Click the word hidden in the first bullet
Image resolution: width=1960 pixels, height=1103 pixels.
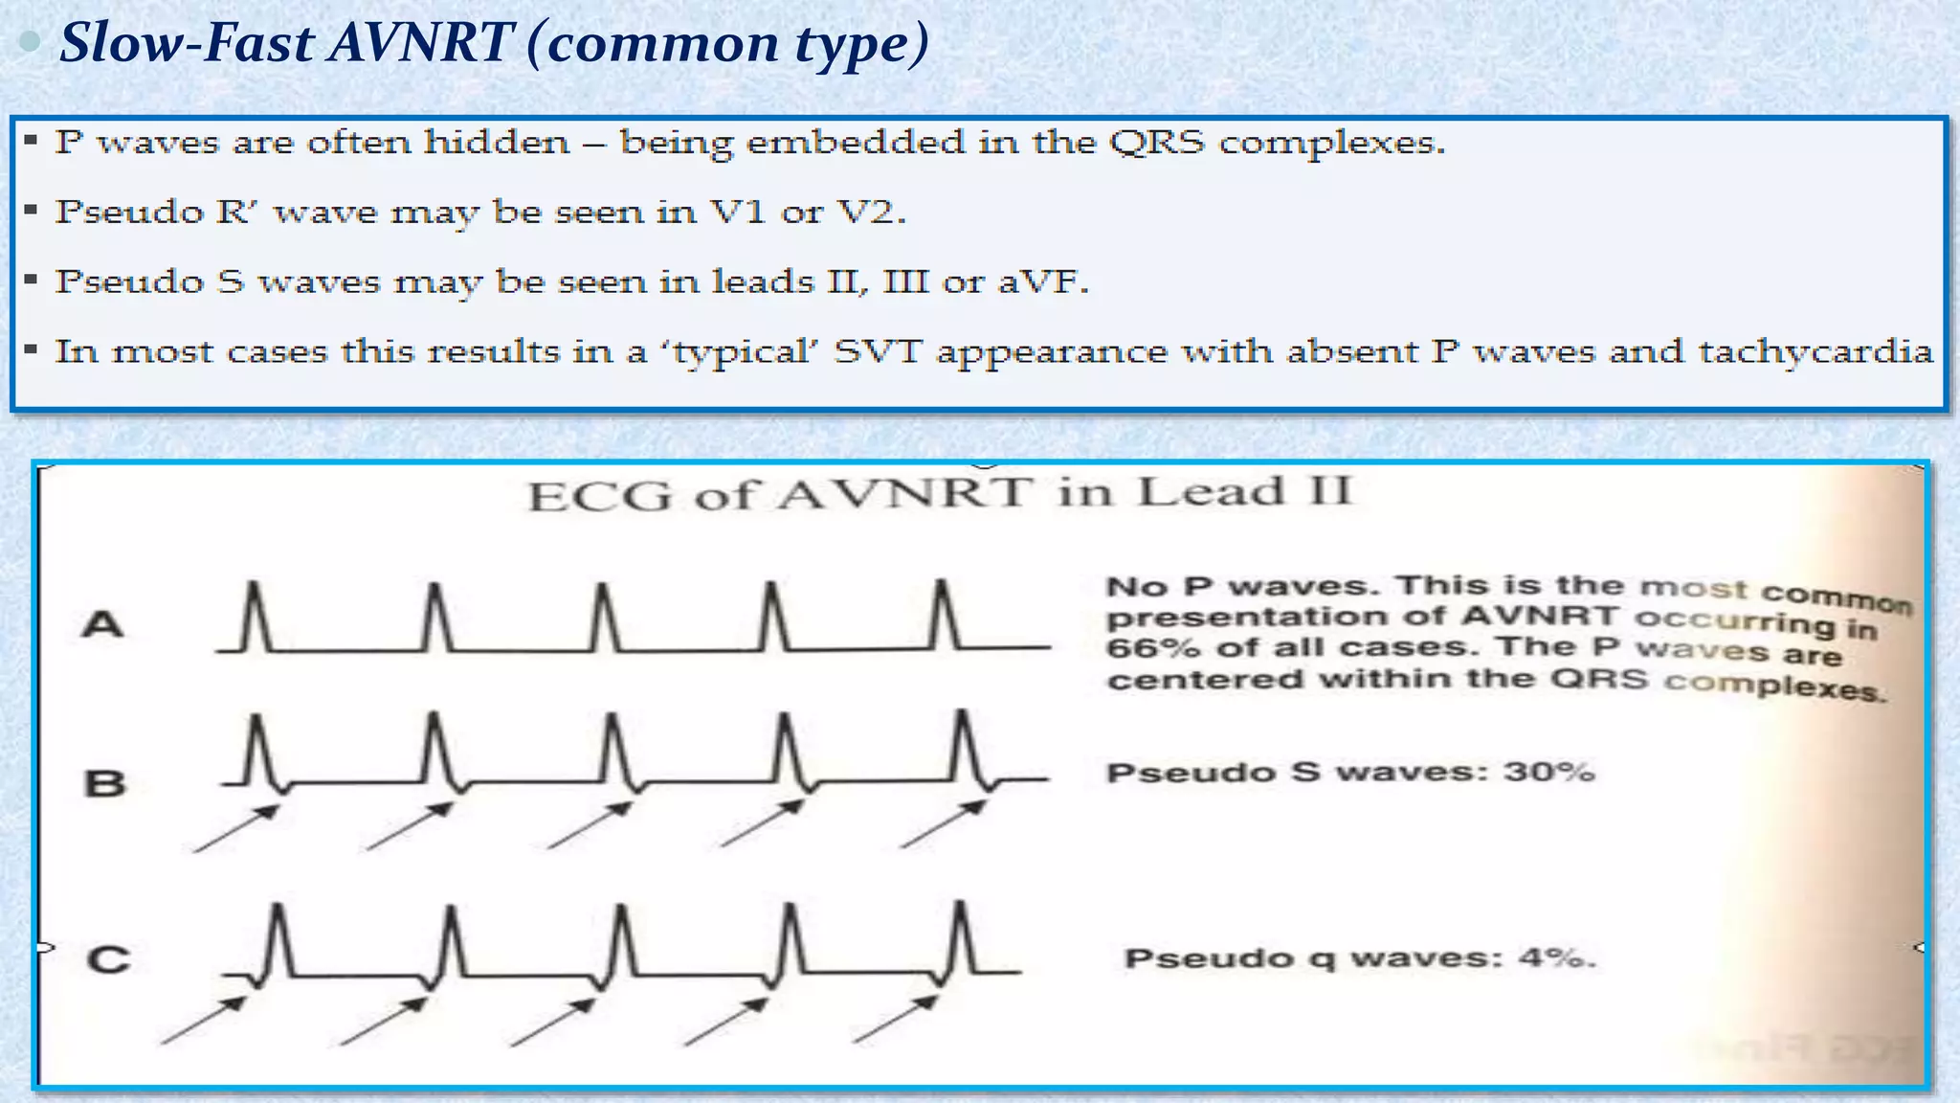(x=496, y=143)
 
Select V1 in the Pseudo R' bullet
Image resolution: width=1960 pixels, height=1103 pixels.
(x=737, y=212)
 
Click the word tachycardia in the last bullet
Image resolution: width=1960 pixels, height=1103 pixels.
(x=1815, y=352)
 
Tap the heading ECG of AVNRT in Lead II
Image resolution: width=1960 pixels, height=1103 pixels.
(x=941, y=494)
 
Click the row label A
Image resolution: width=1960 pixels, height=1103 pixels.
(x=102, y=625)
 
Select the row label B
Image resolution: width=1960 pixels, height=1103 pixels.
(x=104, y=783)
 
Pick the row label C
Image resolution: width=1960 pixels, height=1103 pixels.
(x=107, y=959)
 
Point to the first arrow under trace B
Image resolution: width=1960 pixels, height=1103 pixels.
(x=235, y=828)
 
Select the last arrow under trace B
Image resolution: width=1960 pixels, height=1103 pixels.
(x=943, y=824)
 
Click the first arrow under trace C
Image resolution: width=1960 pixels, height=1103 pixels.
(x=203, y=1021)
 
